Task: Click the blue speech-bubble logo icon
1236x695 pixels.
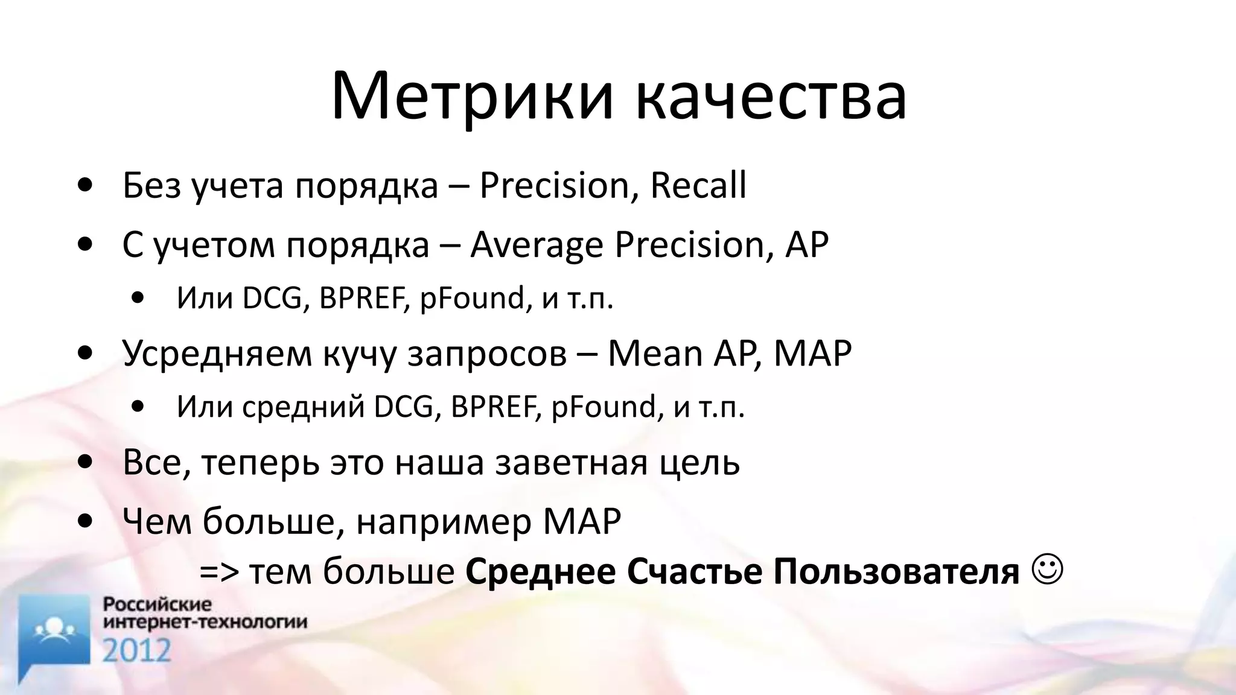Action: pyautogui.click(x=54, y=633)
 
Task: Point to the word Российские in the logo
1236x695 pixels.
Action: pyautogui.click(x=158, y=605)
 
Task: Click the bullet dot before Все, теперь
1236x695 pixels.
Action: pyautogui.click(x=85, y=462)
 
